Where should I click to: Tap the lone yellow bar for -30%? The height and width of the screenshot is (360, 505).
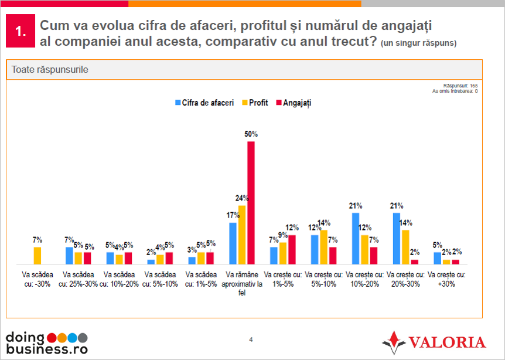[x=37, y=256]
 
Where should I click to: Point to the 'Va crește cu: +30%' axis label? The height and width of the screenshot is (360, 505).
[x=446, y=279]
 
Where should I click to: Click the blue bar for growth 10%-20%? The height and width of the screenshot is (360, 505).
[x=355, y=239]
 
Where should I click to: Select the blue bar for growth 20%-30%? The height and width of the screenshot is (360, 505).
[x=396, y=239]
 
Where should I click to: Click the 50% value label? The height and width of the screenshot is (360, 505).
[x=251, y=134]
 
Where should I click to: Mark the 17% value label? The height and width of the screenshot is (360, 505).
[x=232, y=215]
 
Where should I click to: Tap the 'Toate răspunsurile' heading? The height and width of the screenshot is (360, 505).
[x=50, y=69]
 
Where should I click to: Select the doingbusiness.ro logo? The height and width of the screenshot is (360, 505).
[x=47, y=342]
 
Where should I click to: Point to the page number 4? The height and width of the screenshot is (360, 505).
[x=251, y=339]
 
